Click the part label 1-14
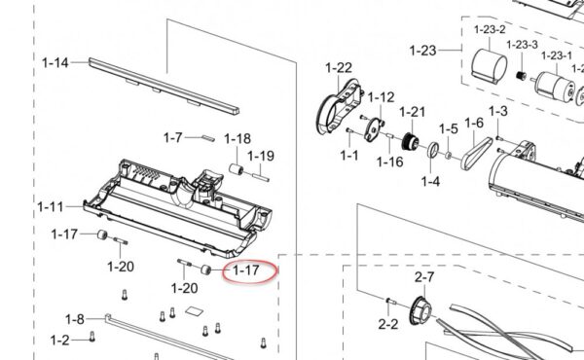55,62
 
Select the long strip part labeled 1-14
164,86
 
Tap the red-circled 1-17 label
246,270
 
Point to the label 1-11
51,206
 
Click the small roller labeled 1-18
236,170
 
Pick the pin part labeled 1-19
261,177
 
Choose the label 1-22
339,68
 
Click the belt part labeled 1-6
477,153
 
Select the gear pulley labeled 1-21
411,141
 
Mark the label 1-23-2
490,30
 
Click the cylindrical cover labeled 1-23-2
489,65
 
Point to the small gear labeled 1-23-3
521,76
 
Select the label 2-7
424,277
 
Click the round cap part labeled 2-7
420,310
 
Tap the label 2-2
387,324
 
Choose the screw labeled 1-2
92,337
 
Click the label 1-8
75,319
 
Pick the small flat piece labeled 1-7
208,138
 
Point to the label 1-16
389,162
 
